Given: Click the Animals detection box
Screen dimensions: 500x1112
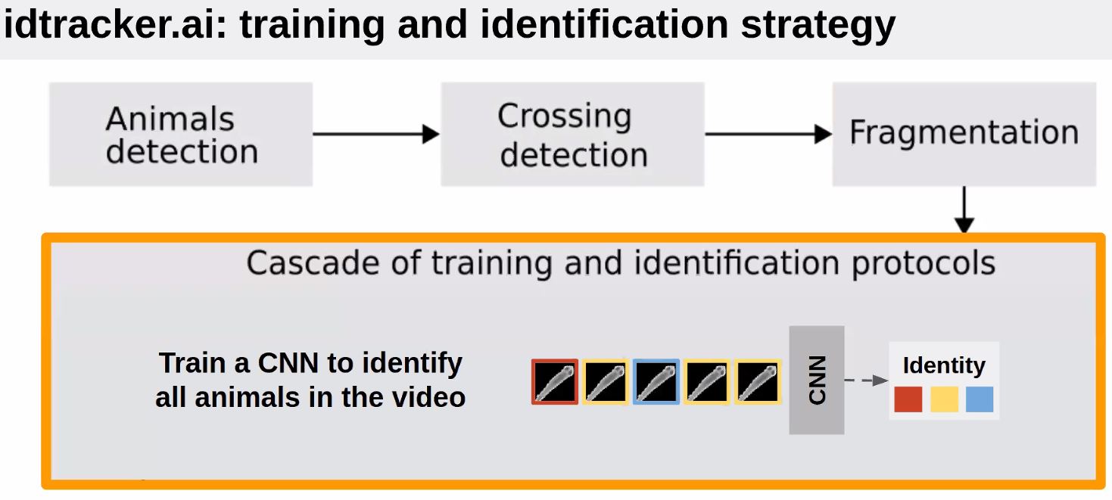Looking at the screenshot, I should (181, 135).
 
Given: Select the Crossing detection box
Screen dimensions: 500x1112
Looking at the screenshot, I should (572, 135).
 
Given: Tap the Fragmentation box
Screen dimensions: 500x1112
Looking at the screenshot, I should (964, 134).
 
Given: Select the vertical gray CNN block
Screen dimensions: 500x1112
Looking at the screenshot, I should (816, 380).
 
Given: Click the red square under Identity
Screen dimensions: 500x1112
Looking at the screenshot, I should (908, 399).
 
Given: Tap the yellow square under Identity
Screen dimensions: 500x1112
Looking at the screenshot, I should (944, 399).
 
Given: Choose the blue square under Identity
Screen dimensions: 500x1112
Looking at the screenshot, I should (980, 399).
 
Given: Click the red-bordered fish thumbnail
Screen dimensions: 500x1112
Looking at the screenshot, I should (555, 382).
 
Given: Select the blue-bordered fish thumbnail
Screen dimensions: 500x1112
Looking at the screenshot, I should (656, 382).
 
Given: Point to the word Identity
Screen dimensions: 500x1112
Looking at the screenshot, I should (944, 365).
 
